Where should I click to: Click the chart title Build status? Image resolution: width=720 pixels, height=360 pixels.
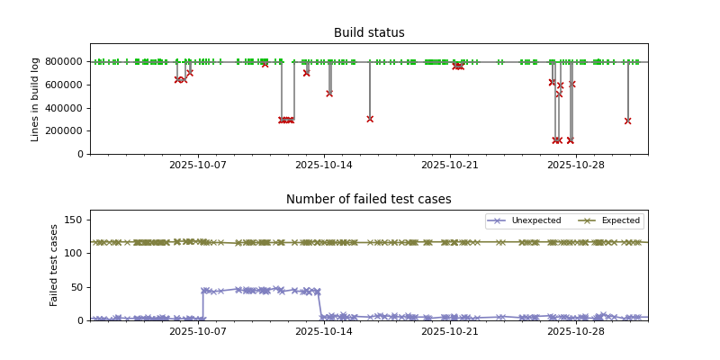[369, 33]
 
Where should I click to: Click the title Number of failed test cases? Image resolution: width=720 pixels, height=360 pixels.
[369, 200]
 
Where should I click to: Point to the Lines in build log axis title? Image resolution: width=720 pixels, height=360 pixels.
[36, 99]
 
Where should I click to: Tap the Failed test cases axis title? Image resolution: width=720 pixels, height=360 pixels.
[54, 265]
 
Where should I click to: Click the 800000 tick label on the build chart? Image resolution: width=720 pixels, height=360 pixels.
[62, 62]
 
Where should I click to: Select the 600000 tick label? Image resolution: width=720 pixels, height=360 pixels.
[62, 85]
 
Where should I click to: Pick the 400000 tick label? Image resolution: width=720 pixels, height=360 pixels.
[62, 108]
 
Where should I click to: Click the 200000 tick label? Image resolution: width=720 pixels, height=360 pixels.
[62, 131]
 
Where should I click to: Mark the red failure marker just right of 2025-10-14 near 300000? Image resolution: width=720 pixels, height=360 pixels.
[370, 119]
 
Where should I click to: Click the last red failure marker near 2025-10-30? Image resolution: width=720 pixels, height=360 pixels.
[627, 121]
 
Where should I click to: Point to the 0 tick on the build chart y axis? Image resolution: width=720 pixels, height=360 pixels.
[82, 154]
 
